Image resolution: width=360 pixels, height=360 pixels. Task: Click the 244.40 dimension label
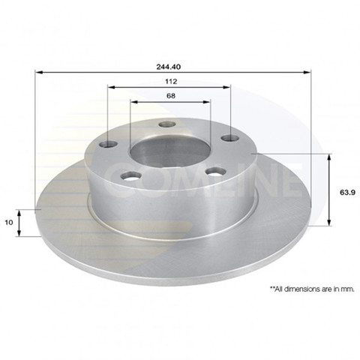tap(172, 67)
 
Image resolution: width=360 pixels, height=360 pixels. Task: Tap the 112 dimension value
tap(171, 82)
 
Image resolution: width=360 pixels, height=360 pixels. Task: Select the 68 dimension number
tap(171, 96)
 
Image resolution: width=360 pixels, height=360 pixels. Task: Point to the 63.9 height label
tap(347, 192)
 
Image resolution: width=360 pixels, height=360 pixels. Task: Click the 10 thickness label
tap(9, 222)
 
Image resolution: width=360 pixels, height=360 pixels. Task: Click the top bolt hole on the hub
tap(167, 124)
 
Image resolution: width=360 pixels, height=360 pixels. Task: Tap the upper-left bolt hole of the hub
tap(109, 144)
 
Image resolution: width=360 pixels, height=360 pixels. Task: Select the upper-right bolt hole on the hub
tap(230, 138)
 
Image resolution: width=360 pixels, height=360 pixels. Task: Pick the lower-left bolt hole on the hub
tap(130, 175)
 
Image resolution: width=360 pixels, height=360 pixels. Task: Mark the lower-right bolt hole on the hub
tap(215, 172)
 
